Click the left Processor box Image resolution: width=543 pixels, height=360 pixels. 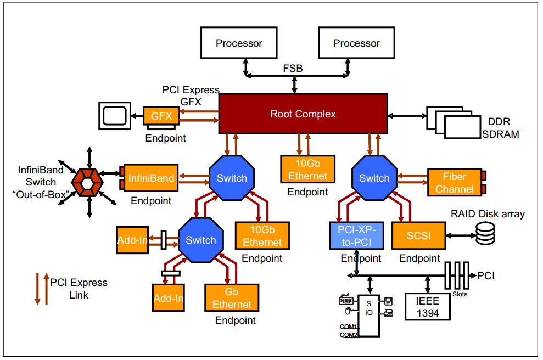pos(239,43)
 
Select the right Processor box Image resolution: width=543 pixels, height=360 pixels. pos(356,43)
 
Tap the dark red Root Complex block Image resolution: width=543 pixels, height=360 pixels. pos(303,114)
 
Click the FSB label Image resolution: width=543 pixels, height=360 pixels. pos(293,69)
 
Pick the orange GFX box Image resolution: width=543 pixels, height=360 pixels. pos(161,116)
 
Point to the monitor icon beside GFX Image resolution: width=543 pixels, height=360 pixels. pos(114,116)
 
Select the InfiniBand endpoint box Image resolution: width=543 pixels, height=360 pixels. pos(151,178)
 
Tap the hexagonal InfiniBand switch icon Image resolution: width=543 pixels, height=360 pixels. pos(87,181)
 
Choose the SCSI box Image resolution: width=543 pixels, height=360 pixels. pos(418,236)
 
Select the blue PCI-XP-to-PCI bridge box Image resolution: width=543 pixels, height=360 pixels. pos(355,236)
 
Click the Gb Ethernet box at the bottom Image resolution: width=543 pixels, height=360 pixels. pos(232,299)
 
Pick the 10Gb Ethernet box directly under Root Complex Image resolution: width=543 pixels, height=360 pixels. pos(307,170)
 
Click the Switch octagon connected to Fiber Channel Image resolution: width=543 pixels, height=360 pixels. pos(374,178)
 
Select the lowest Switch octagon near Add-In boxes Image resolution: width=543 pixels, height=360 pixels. pos(200,240)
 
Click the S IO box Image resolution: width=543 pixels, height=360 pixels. pos(368,316)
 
